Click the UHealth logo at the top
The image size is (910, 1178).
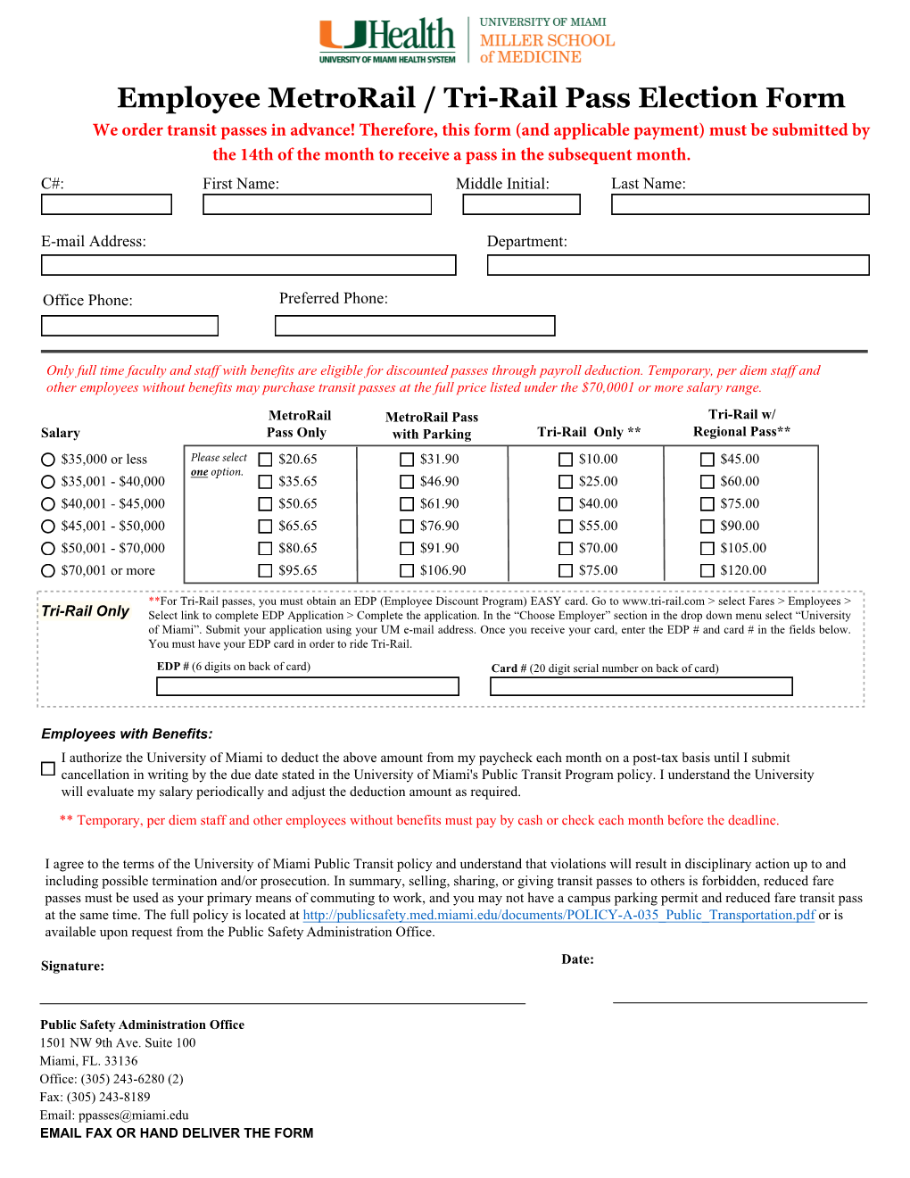click(x=387, y=40)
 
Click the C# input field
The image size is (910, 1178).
click(x=106, y=204)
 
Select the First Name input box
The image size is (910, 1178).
click(x=317, y=204)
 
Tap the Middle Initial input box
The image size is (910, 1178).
click(x=521, y=204)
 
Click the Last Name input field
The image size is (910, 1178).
click(x=740, y=204)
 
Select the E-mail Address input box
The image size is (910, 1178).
click(x=248, y=265)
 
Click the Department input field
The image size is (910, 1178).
click(x=677, y=265)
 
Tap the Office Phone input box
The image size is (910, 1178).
click(x=129, y=326)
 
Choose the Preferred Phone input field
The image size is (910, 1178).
click(x=415, y=326)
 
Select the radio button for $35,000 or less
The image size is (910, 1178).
click(x=48, y=460)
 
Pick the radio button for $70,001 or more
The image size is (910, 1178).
click(x=48, y=571)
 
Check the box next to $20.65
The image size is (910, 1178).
click(x=265, y=460)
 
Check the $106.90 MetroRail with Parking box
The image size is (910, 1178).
click(x=407, y=571)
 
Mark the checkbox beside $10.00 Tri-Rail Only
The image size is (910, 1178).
click(x=566, y=460)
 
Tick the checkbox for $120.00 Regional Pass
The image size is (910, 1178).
click(x=707, y=571)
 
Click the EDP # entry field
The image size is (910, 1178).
click(x=307, y=686)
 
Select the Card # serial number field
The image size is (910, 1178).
click(x=641, y=686)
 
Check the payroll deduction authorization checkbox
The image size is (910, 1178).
click(x=48, y=768)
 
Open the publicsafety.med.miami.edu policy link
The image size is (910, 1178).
click(x=558, y=915)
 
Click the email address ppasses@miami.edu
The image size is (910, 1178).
click(x=134, y=1116)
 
